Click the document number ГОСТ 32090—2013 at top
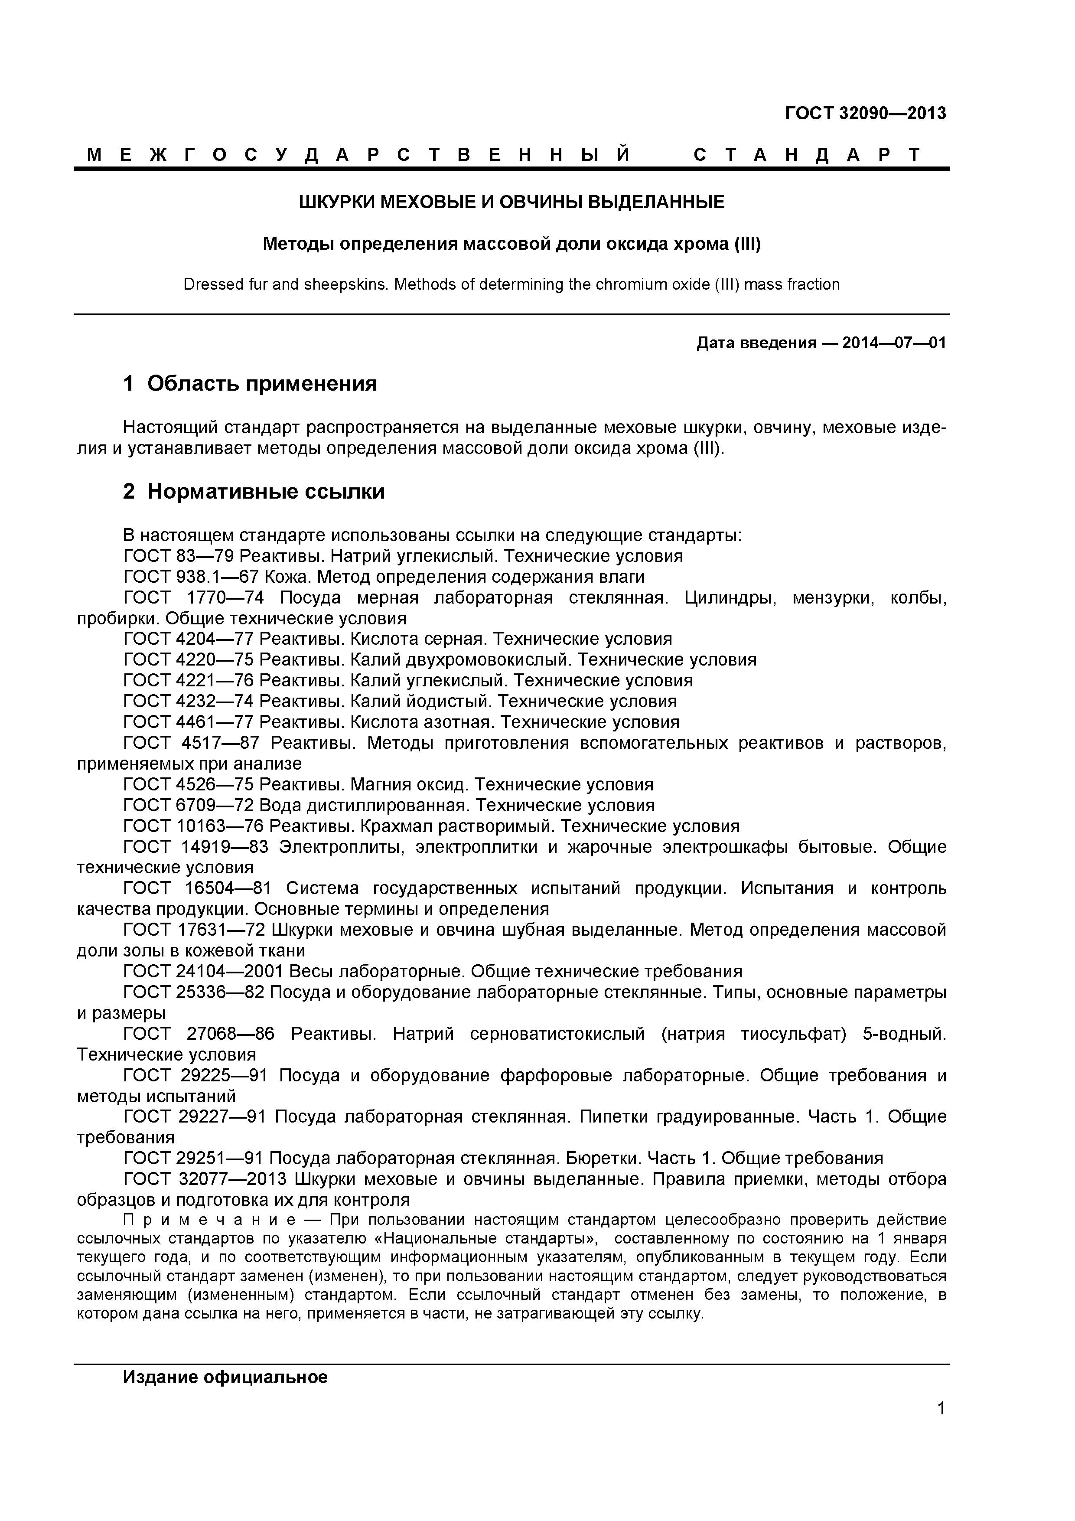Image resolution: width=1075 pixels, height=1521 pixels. click(865, 113)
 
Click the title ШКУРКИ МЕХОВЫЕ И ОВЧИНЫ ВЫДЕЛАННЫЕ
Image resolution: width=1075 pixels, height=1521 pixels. click(511, 202)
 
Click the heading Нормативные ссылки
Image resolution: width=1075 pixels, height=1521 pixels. click(266, 492)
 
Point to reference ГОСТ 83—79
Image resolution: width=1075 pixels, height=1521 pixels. click(179, 556)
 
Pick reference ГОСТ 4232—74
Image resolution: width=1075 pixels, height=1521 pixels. click(189, 701)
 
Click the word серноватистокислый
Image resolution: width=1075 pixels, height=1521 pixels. click(557, 1033)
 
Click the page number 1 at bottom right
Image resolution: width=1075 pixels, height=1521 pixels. click(941, 1427)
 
